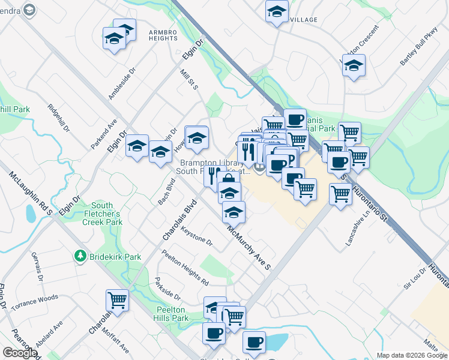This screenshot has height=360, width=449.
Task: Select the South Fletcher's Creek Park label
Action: (106, 214)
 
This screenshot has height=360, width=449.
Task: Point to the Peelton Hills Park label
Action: (172, 314)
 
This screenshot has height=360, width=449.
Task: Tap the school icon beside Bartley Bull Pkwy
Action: (354, 66)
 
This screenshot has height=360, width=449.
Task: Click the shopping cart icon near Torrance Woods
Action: (117, 300)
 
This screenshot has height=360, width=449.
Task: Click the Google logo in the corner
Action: (20, 353)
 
